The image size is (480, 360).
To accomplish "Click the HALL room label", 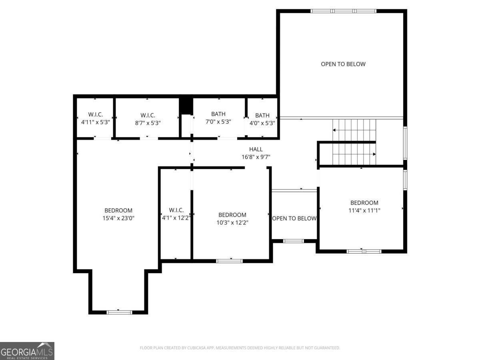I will click(256, 149).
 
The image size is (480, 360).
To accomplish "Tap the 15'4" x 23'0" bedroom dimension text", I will click(118, 218).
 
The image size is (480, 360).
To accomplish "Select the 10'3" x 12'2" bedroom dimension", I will click(232, 223).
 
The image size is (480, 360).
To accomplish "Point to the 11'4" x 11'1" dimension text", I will click(364, 210).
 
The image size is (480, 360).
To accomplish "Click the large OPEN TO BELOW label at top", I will click(343, 64).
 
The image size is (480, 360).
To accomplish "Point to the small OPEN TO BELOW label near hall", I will click(294, 218).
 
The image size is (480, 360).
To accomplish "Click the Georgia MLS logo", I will click(27, 351).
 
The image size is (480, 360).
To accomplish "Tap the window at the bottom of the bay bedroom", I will click(119, 312).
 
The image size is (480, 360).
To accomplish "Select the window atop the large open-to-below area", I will click(343, 11).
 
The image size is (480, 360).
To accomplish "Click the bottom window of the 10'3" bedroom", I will click(229, 261).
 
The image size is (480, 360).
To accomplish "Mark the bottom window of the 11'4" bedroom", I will click(364, 251).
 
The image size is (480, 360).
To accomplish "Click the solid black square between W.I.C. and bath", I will click(186, 106).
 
